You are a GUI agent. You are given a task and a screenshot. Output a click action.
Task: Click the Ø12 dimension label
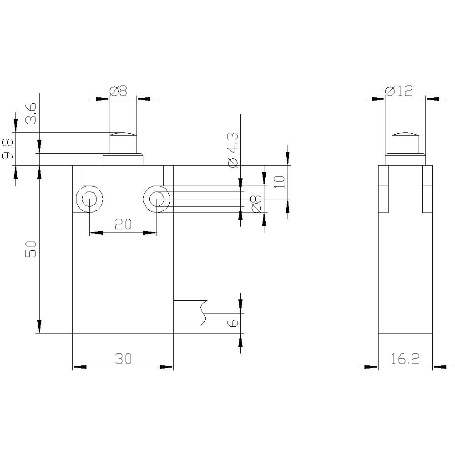[x=399, y=91]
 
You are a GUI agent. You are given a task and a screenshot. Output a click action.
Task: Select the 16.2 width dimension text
[x=405, y=359]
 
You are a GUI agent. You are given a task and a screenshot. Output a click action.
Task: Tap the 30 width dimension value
[x=123, y=359]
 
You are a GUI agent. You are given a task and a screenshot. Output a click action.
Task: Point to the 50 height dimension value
[x=31, y=250]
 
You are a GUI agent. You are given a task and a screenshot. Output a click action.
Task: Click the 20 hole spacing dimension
[x=123, y=224]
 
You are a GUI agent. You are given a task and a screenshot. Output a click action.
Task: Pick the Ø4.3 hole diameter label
[x=233, y=151]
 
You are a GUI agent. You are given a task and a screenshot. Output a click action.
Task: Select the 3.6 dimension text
[x=31, y=113]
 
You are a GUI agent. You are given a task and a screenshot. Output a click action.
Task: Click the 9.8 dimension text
[x=8, y=149]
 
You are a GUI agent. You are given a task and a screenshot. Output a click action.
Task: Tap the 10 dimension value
[x=279, y=182]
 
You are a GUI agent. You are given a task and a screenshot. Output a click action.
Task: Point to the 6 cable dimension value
[x=233, y=323]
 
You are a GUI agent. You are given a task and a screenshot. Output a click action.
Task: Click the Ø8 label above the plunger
[x=118, y=91]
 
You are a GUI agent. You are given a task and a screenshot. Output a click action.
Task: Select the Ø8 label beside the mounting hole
[x=256, y=203]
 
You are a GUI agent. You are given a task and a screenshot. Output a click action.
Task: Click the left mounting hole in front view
[x=90, y=199]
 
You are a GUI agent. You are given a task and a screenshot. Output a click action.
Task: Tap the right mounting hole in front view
[x=157, y=199]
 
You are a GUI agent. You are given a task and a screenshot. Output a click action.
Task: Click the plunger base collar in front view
[x=123, y=160]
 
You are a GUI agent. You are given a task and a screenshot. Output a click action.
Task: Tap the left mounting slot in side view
[x=384, y=189]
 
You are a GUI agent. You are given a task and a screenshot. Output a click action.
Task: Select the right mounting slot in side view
[x=427, y=189]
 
